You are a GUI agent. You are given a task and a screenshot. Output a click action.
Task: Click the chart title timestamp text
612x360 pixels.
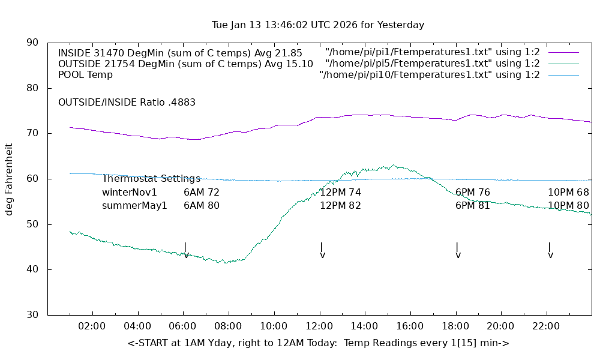(x=318, y=25)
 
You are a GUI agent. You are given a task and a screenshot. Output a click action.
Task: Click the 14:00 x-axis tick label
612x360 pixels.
(x=364, y=326)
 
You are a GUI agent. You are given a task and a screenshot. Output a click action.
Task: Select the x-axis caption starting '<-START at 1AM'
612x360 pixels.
(x=318, y=343)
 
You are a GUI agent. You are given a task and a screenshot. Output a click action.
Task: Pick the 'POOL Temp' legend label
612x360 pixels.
(x=85, y=75)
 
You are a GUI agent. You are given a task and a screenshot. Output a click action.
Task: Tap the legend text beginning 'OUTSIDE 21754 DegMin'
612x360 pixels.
(x=185, y=64)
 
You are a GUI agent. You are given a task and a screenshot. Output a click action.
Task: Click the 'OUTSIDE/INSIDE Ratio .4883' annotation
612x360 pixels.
(x=127, y=103)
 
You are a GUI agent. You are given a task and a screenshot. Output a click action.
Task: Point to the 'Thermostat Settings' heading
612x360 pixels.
(x=151, y=179)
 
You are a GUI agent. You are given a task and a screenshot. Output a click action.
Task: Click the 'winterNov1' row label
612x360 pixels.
(x=130, y=193)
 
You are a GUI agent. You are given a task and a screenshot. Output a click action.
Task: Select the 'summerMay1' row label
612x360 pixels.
(x=134, y=206)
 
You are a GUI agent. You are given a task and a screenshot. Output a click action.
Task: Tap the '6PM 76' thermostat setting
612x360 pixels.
(x=473, y=193)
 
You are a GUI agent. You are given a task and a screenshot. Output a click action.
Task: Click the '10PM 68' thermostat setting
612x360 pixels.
(x=568, y=193)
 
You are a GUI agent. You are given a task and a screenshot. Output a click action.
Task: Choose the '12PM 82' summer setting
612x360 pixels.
(x=340, y=206)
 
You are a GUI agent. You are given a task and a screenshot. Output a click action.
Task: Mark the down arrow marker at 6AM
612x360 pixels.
(x=186, y=251)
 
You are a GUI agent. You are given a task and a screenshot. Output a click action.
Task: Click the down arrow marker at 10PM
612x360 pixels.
(x=550, y=251)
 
